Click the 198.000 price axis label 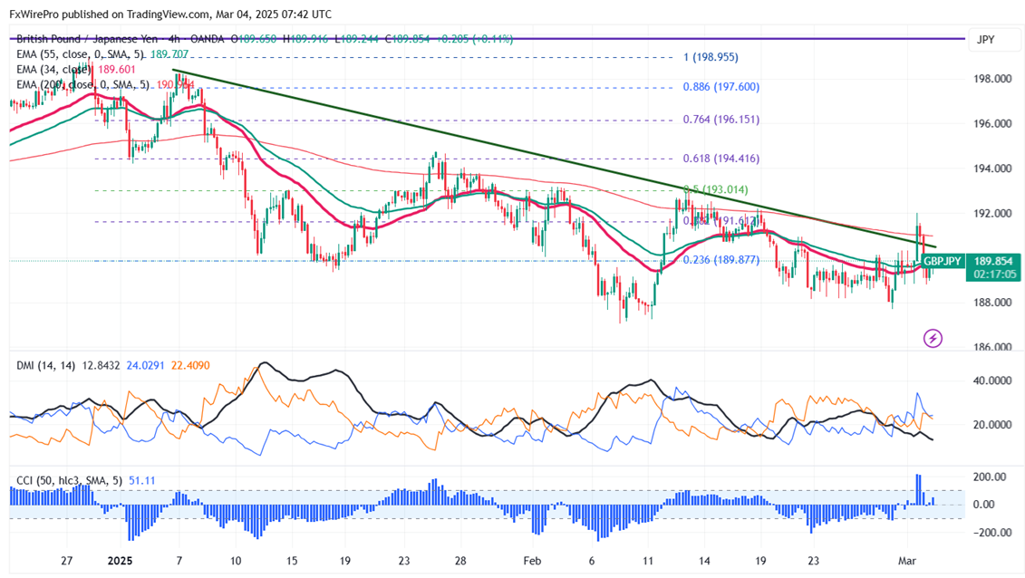pyautogui.click(x=992, y=79)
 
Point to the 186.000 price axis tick pyautogui.click(x=992, y=347)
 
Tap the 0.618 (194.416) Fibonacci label pyautogui.click(x=720, y=159)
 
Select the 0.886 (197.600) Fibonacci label pyautogui.click(x=720, y=87)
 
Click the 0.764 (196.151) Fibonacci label pyautogui.click(x=720, y=120)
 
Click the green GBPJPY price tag pyautogui.click(x=943, y=261)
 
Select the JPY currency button pyautogui.click(x=984, y=40)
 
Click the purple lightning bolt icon pyautogui.click(x=933, y=339)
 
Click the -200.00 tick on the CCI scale pyautogui.click(x=991, y=534)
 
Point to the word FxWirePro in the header pyautogui.click(x=34, y=14)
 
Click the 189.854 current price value pyautogui.click(x=992, y=261)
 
